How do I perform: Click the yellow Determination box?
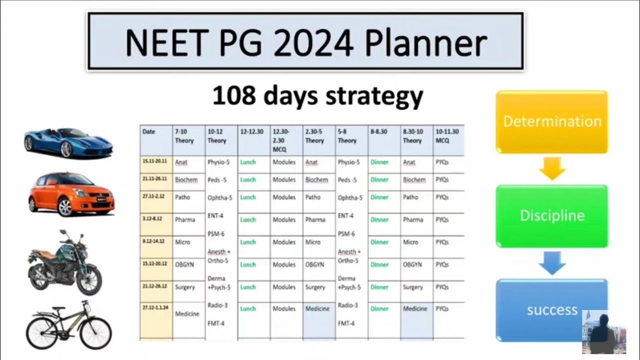[x=551, y=121]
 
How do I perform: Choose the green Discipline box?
[x=551, y=215]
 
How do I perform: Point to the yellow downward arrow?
[x=552, y=168]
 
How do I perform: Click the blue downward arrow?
[x=552, y=262]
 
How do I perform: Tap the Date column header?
[x=149, y=132]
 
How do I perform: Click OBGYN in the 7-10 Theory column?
[x=184, y=264]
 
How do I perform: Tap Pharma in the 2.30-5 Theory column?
[x=315, y=219]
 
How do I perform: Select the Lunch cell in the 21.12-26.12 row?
[x=248, y=287]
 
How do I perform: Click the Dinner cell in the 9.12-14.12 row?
[x=379, y=242]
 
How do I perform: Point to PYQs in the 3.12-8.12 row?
[x=442, y=219]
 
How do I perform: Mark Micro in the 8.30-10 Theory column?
[x=410, y=242]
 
